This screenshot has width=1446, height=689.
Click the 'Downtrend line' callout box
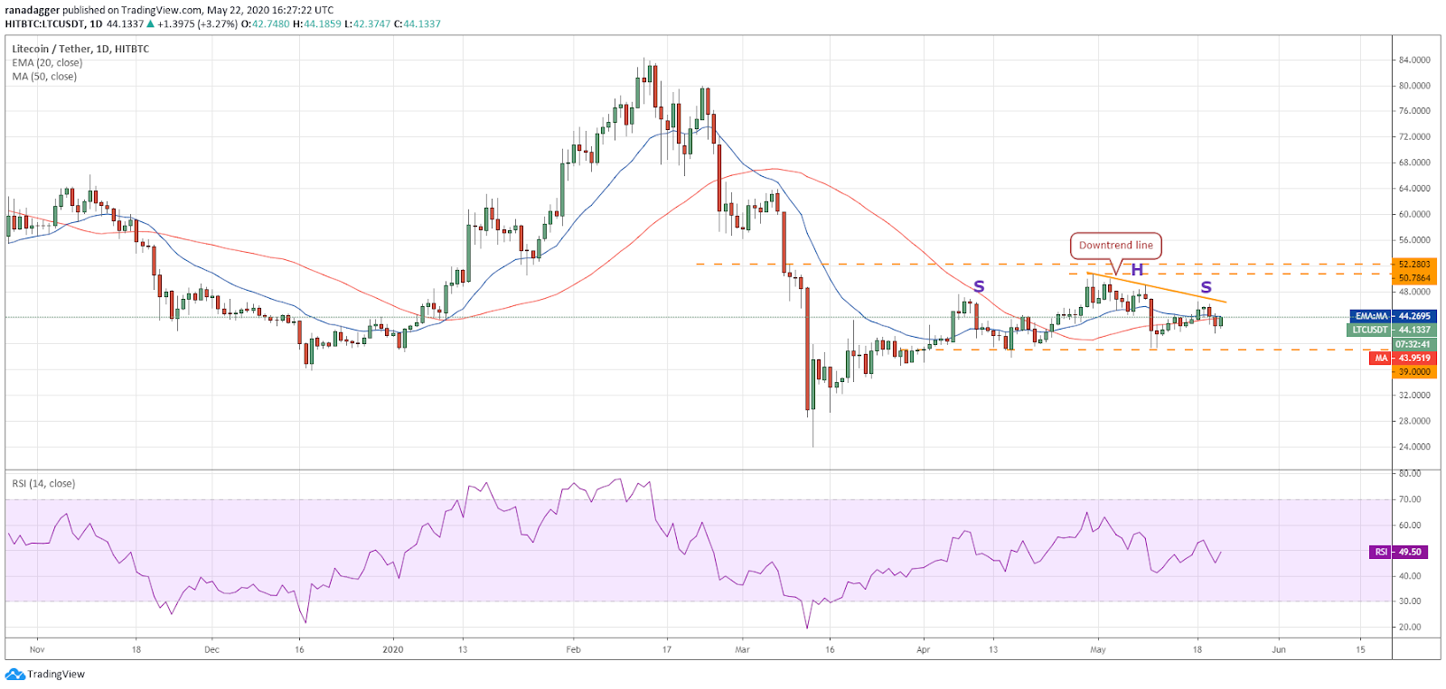pyautogui.click(x=1115, y=246)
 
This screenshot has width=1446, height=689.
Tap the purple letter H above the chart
pyautogui.click(x=1137, y=270)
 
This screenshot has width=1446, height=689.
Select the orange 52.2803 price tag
pyautogui.click(x=1414, y=264)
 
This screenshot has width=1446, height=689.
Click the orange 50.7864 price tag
pyautogui.click(x=1414, y=278)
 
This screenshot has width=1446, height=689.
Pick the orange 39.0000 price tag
pyautogui.click(x=1414, y=372)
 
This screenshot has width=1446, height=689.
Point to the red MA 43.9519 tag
pyautogui.click(x=1402, y=358)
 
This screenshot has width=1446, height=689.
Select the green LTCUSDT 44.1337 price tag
pyautogui.click(x=1391, y=330)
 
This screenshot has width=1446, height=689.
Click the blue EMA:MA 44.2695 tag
pyautogui.click(x=1393, y=316)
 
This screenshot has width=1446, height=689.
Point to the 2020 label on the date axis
pyautogui.click(x=392, y=649)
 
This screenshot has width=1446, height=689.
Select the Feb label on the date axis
pyautogui.click(x=573, y=649)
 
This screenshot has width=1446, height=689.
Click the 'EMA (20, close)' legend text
pyautogui.click(x=46, y=62)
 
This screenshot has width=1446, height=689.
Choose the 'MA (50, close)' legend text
pyautogui.click(x=44, y=76)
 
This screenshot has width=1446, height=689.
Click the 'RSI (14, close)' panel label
pyautogui.click(x=43, y=483)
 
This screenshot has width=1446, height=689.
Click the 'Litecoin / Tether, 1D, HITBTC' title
pyautogui.click(x=80, y=49)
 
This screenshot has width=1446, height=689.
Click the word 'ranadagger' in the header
pyautogui.click(x=33, y=10)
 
